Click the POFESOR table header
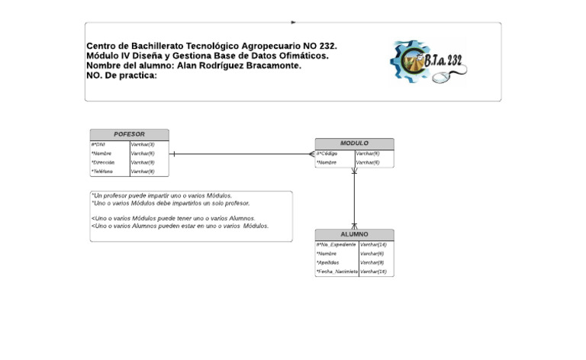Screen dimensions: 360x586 pos(129,134)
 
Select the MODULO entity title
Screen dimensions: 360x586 pos(354,143)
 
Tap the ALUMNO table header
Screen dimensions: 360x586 pos(354,234)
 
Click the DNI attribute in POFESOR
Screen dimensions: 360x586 pos(99,144)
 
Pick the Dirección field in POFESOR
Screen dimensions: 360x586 pos(103,162)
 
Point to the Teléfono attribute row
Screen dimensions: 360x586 pos(103,172)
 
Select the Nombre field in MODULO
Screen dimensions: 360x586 pos(328,162)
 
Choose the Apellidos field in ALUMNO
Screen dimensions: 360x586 pos(330,262)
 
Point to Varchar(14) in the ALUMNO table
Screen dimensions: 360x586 pos(374,244)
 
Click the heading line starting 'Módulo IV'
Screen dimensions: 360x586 pos(208,56)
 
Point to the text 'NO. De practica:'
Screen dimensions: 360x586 pos(121,76)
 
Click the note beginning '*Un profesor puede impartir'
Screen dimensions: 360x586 pos(162,195)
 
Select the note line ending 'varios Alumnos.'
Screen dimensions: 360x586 pos(174,218)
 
